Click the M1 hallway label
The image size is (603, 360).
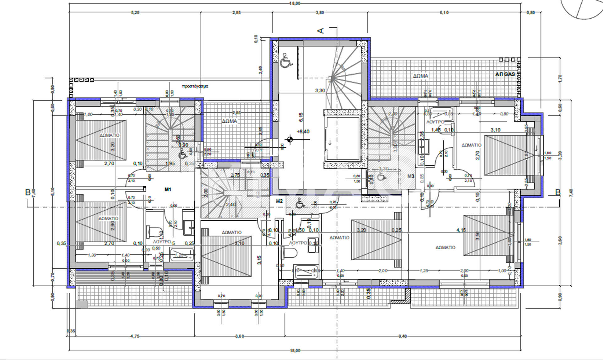click(x=168, y=189)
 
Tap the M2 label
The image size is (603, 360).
click(x=279, y=201)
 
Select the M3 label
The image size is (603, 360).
click(x=411, y=176)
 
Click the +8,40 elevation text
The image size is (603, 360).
click(x=303, y=132)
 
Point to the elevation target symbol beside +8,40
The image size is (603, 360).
click(x=290, y=139)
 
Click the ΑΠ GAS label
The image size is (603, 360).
click(x=505, y=74)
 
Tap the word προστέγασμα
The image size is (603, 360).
click(x=195, y=86)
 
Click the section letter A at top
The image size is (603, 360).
click(x=321, y=30)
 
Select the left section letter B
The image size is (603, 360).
click(x=28, y=192)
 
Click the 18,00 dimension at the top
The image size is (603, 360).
click(x=295, y=3)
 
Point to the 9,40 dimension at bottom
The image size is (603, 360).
click(x=403, y=336)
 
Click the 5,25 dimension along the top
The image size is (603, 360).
click(x=135, y=13)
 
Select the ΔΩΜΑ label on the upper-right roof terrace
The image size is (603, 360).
click(x=420, y=76)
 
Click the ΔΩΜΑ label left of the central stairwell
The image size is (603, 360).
click(x=229, y=121)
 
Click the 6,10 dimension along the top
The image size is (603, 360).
click(x=444, y=13)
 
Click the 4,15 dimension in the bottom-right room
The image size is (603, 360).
click(x=461, y=230)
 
